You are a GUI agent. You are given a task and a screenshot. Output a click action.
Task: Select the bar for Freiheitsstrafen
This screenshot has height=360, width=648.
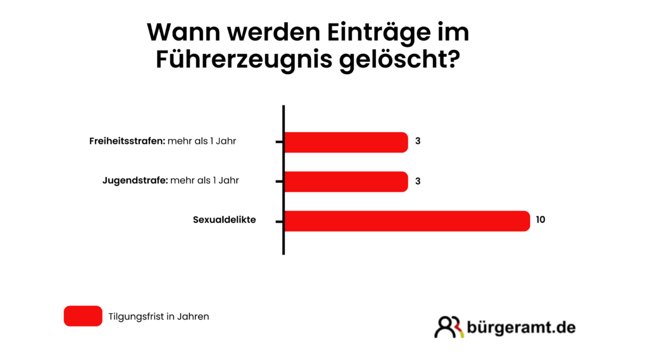[x=346, y=142]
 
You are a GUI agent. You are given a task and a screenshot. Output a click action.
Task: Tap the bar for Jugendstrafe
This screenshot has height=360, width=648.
[x=346, y=182]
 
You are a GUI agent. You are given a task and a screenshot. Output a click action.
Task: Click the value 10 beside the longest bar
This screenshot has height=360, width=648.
[x=540, y=220]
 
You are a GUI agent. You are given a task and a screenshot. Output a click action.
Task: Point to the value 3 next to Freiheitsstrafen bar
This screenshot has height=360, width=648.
[x=418, y=142]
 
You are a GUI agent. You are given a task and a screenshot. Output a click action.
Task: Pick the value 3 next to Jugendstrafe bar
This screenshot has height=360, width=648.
[x=418, y=181]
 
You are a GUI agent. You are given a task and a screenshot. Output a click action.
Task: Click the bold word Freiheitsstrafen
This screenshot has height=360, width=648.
[x=127, y=141]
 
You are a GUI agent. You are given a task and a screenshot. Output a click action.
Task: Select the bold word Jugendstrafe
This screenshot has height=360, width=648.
[x=134, y=180]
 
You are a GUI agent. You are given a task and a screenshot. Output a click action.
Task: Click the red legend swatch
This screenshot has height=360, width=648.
[x=83, y=316]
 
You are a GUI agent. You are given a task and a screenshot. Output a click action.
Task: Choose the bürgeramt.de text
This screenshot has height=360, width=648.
[x=521, y=327]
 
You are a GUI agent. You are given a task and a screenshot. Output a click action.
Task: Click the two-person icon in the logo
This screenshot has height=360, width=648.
[x=449, y=326]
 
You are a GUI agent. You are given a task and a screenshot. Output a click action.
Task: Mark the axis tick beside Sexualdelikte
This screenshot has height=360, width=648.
[x=279, y=221]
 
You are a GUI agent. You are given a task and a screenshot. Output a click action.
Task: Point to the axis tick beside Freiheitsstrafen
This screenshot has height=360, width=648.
[x=279, y=142]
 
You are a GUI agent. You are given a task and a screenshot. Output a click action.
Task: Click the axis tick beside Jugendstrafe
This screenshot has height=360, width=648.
[x=279, y=182]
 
